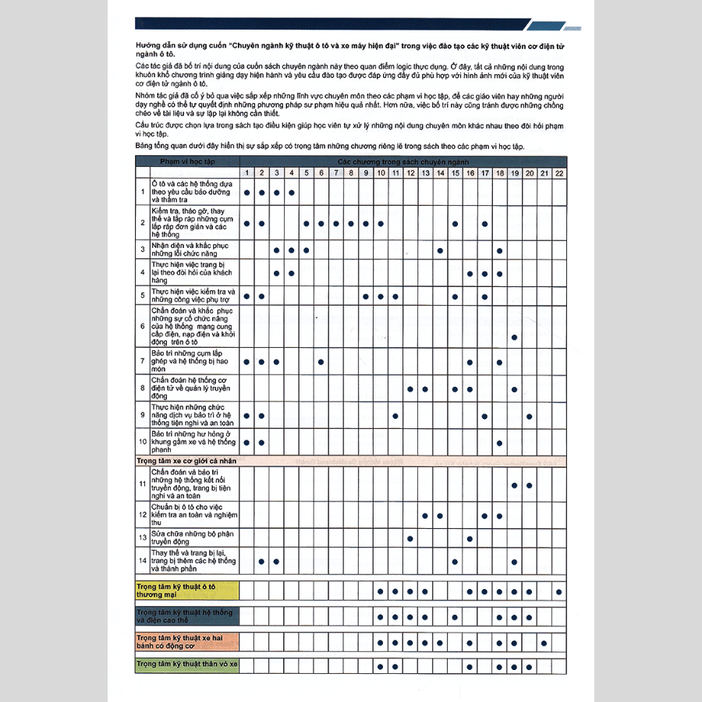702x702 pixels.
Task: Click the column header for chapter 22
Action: click(x=558, y=172)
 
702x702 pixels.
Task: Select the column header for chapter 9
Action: click(x=366, y=172)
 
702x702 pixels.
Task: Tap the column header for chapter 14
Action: click(x=440, y=172)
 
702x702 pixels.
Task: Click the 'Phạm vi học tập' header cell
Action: click(x=187, y=161)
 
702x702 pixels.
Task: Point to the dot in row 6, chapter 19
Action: click(x=514, y=337)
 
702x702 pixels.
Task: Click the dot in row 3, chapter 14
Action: click(x=440, y=250)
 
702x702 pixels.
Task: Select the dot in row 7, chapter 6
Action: click(x=321, y=362)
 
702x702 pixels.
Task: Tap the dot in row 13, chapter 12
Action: click(x=410, y=538)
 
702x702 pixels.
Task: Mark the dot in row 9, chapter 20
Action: click(x=529, y=416)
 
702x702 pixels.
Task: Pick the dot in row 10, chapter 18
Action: click(x=499, y=443)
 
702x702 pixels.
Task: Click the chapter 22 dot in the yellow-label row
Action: click(x=558, y=592)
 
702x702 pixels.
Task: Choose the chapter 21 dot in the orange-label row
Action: click(x=544, y=643)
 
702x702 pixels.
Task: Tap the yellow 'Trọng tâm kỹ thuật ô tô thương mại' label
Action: click(x=186, y=590)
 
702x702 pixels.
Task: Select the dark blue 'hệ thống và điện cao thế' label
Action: click(x=186, y=617)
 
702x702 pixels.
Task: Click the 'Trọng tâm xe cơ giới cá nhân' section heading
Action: click(x=185, y=461)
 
